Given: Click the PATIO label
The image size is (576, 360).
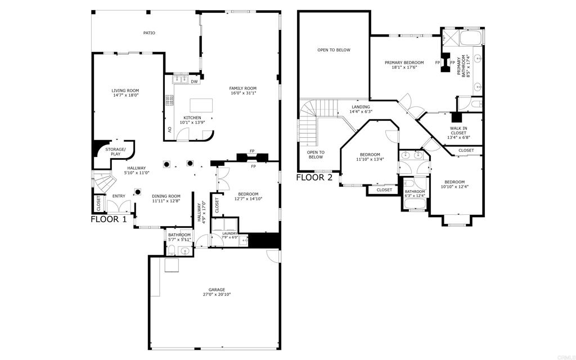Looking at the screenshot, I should (149, 33).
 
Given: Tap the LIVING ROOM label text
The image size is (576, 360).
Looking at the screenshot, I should (125, 91).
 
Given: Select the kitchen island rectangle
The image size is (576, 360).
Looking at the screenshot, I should (202, 105).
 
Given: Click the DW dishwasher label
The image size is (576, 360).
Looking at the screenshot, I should (194, 82).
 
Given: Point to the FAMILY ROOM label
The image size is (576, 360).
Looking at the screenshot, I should (242, 88).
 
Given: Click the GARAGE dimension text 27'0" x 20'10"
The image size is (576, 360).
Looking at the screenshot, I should (217, 294).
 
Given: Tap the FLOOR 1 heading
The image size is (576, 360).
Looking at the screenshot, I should (109, 219).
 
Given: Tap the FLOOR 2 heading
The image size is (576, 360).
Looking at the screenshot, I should (314, 177).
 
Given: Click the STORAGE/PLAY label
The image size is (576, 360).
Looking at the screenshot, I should (115, 151).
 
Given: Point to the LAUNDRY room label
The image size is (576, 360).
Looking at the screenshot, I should (229, 233).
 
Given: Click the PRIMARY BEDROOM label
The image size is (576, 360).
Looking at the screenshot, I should (404, 62).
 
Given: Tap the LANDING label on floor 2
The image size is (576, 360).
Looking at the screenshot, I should (361, 107).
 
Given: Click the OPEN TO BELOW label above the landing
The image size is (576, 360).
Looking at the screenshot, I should (334, 50).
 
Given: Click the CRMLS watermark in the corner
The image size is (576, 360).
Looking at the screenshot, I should (564, 355).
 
